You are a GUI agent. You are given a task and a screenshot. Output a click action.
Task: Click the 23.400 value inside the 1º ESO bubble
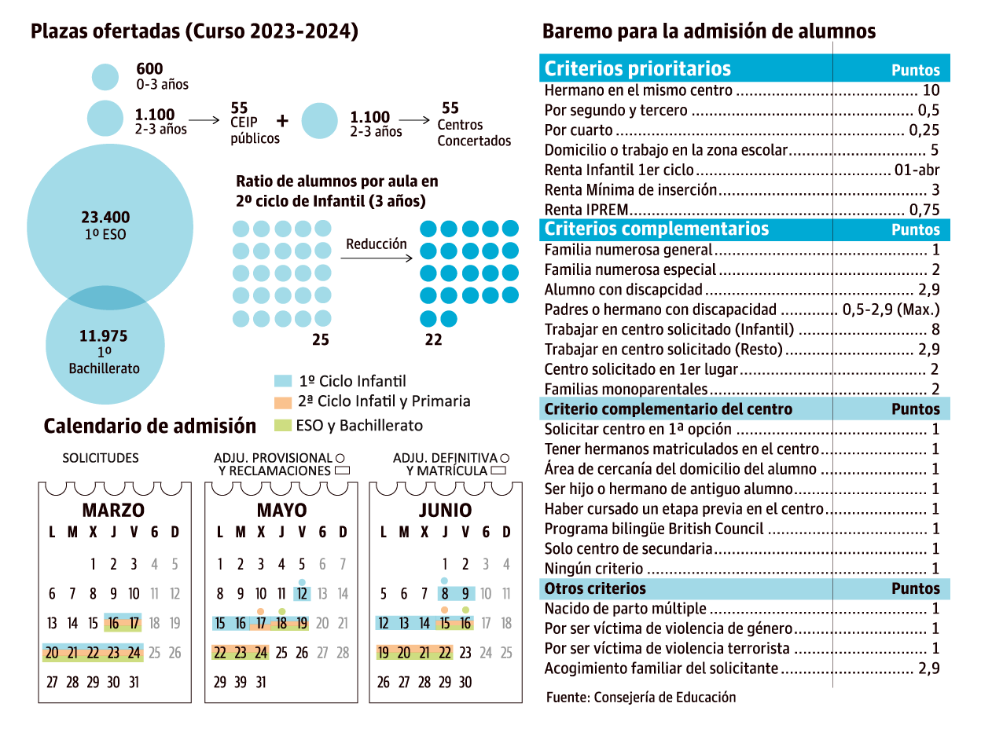[x=105, y=218]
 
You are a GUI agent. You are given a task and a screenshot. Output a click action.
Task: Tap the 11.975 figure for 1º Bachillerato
[x=104, y=336]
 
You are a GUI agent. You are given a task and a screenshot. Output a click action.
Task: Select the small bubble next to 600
[x=105, y=76]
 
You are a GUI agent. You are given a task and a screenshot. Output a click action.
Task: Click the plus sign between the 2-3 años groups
[x=283, y=121]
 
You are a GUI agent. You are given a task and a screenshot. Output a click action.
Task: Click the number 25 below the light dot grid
[x=320, y=340]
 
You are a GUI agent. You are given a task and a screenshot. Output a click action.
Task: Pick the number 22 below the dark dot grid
[x=433, y=340]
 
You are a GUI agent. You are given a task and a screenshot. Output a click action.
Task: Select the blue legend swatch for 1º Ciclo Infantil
[x=283, y=382]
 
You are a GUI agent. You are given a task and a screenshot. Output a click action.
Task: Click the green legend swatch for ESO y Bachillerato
[x=283, y=426]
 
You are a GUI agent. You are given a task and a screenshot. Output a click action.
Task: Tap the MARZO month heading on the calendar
[x=113, y=510]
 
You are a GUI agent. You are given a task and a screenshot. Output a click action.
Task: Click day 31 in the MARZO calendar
[x=134, y=682]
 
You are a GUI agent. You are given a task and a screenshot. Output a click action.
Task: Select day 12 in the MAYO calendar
[x=302, y=594]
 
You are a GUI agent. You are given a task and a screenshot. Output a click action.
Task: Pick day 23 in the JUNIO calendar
[x=465, y=652]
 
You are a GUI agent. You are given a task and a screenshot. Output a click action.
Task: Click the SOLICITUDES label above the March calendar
[x=101, y=458]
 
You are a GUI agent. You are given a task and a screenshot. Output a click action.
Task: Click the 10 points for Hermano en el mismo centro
[x=931, y=90]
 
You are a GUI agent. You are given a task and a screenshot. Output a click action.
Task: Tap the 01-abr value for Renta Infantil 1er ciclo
[x=917, y=170]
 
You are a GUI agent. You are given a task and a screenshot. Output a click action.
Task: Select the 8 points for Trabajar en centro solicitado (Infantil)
[x=935, y=330]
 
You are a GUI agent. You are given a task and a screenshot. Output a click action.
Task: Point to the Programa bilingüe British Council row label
[x=654, y=529]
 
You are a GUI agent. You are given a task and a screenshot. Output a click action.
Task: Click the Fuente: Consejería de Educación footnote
[x=641, y=697]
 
